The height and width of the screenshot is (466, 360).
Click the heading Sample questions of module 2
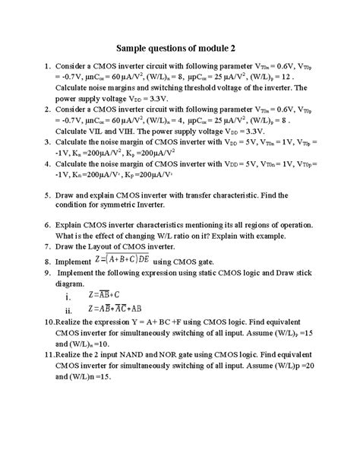pyautogui.click(x=180, y=45)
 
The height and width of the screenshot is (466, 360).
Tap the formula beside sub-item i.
pyautogui.click(x=106, y=295)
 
